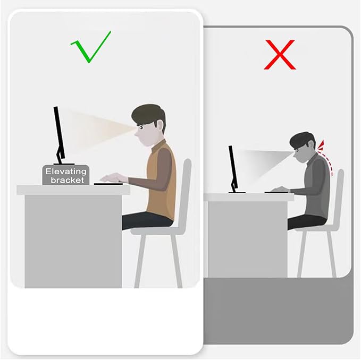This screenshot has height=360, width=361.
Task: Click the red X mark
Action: pyautogui.click(x=280, y=55)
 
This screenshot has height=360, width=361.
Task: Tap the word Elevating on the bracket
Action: pyautogui.click(x=66, y=172)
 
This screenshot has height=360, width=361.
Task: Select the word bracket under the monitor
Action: pyautogui.click(x=67, y=180)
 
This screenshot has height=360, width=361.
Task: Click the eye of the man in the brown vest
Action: pyautogui.click(x=141, y=127)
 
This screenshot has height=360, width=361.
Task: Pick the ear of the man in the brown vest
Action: pyautogui.click(x=160, y=126)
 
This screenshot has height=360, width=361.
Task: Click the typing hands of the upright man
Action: pyautogui.click(x=114, y=178)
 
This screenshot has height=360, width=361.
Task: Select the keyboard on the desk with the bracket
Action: pyautogui.click(x=108, y=184)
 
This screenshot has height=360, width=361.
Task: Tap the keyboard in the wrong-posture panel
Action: pyautogui.click(x=276, y=192)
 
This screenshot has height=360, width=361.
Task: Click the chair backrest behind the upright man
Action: pyautogui.click(x=186, y=193)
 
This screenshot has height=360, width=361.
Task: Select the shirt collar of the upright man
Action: pyautogui.click(x=158, y=145)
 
